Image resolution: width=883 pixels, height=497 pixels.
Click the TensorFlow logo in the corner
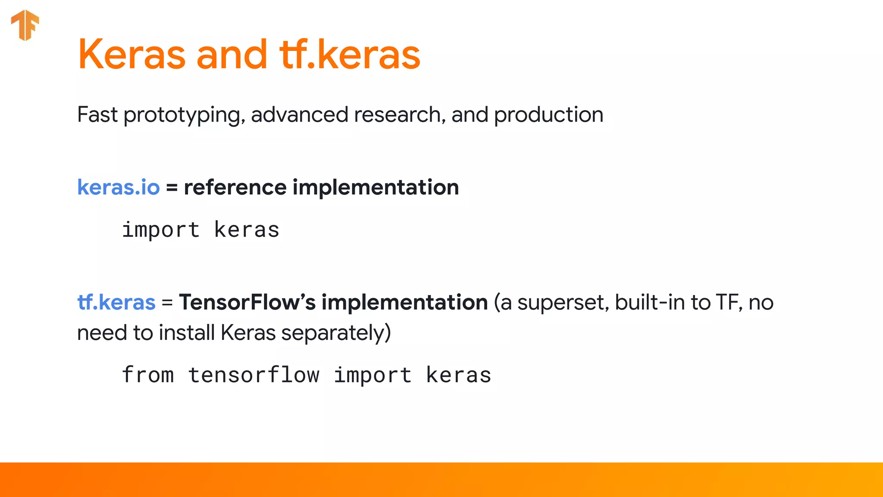coord(25,25)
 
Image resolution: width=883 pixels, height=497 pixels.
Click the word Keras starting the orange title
coord(132,54)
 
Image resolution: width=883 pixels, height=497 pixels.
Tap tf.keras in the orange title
coord(350,54)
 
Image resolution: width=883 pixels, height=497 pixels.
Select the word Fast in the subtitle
coord(97,115)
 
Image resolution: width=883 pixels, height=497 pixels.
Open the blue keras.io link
coord(119,187)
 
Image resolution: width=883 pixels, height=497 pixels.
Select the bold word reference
coord(235,187)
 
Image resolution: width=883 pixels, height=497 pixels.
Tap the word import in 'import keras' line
coord(161,230)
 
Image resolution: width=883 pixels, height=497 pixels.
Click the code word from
coord(148,374)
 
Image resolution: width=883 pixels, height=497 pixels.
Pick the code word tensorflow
coord(254,374)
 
